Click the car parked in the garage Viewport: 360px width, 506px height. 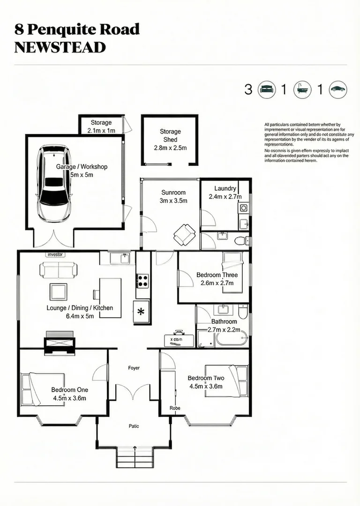click(x=55, y=184)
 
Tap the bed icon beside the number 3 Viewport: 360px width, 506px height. click(x=266, y=89)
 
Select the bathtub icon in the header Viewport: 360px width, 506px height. click(x=302, y=89)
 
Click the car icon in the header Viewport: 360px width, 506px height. click(x=337, y=89)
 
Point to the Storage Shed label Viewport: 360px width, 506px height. click(x=170, y=135)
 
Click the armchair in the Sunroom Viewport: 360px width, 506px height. click(x=184, y=234)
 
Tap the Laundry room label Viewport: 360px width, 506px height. click(x=225, y=189)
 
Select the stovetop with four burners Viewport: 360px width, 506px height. click(x=142, y=281)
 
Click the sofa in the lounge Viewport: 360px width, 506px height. click(x=59, y=270)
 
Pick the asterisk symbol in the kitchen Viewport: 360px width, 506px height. click(x=142, y=312)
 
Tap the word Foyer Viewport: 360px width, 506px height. click(x=134, y=368)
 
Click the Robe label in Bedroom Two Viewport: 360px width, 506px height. click(x=175, y=408)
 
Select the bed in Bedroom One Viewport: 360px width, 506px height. click(x=42, y=389)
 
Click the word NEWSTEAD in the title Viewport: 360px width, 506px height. click(x=60, y=47)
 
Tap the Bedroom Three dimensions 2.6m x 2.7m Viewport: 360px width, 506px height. click(x=217, y=283)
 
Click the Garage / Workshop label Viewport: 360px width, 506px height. click(x=82, y=167)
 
